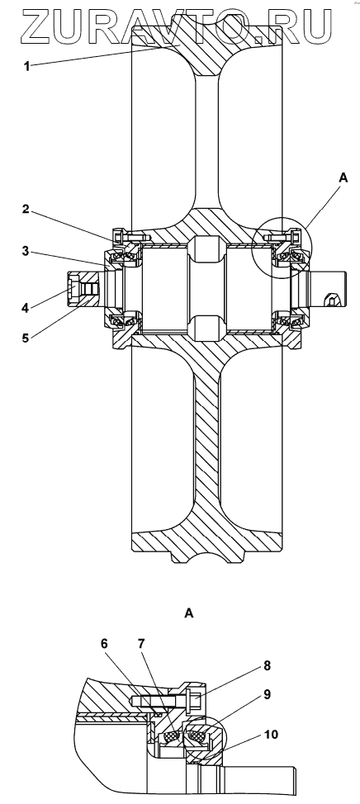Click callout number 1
pos(27,66)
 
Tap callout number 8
pos(268,666)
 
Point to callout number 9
pos(268,694)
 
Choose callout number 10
pos(272,735)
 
